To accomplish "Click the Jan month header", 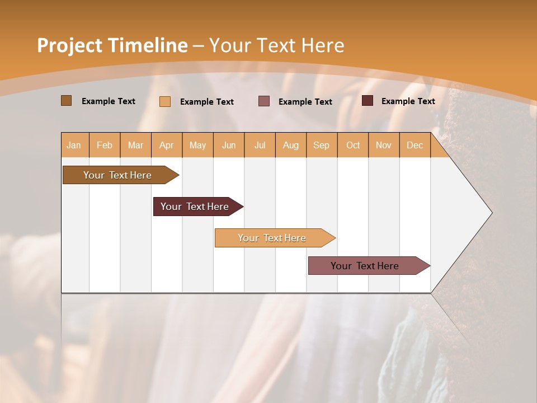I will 74,145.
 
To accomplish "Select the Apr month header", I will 167,145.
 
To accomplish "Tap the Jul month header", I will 260,145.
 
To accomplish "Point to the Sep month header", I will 321,145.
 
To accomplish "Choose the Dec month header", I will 414,145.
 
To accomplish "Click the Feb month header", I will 105,145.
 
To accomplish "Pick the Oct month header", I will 353,145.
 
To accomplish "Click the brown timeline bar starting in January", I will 118,175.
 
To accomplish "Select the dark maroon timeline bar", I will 195,207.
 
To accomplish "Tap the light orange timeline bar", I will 272,238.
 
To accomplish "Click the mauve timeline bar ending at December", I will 365,266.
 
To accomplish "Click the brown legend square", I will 66,101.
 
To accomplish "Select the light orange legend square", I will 165,101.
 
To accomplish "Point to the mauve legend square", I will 264,101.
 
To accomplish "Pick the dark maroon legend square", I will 368,101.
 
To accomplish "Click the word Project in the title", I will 70,45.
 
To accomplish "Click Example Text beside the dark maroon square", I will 408,101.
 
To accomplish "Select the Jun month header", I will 229,145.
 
